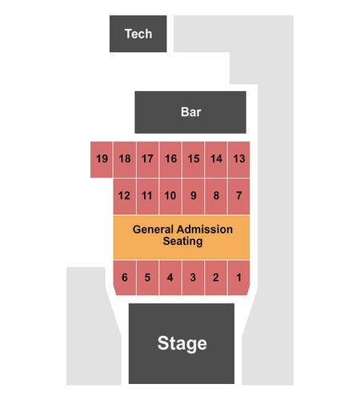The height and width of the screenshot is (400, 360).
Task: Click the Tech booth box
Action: [x=138, y=34]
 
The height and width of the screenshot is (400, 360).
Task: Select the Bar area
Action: [x=190, y=112]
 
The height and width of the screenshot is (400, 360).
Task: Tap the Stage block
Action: [x=182, y=343]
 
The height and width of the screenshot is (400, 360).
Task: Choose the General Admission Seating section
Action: [x=182, y=238]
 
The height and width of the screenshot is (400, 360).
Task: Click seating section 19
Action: [x=102, y=159]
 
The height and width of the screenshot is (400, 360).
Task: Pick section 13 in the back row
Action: [x=239, y=159]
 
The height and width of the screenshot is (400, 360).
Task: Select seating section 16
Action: [x=170, y=159]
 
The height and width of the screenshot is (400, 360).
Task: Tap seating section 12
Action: [x=125, y=196]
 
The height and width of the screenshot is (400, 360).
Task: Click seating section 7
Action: [x=239, y=196]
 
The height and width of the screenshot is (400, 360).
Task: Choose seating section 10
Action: [x=170, y=196]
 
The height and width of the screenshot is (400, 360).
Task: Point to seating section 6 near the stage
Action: [x=125, y=278]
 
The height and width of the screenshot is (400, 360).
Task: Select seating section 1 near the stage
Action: [x=239, y=278]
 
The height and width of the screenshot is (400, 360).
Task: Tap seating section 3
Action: [x=193, y=278]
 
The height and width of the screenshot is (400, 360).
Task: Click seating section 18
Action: [x=125, y=159]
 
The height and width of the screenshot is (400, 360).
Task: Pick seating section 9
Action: [x=193, y=196]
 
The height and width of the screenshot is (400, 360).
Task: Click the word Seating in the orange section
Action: [x=182, y=242]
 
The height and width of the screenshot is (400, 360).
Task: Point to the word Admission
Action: [x=205, y=230]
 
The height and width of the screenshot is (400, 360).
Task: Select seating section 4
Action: [x=170, y=278]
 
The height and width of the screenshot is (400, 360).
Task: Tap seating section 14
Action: [x=216, y=159]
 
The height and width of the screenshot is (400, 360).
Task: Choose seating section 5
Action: [x=147, y=278]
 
